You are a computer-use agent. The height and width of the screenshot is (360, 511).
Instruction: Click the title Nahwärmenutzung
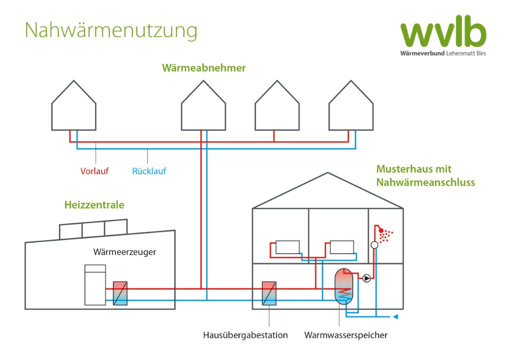pyautogui.click(x=111, y=30)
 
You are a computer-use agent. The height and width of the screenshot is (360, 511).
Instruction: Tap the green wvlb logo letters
pyautogui.click(x=443, y=33)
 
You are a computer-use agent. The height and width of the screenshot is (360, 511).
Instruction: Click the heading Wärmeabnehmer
pyautogui.click(x=204, y=68)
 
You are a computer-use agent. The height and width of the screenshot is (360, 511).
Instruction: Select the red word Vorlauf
pyautogui.click(x=94, y=171)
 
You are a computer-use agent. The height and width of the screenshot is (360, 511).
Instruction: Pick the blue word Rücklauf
pyautogui.click(x=149, y=171)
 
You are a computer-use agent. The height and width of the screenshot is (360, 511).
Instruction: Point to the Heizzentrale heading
pyautogui.click(x=94, y=205)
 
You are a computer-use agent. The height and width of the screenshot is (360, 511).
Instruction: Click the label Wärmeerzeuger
pyautogui.click(x=125, y=252)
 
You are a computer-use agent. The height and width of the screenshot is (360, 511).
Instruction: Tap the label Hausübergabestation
pyautogui.click(x=246, y=335)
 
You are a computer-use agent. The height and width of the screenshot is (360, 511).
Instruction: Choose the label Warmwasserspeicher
pyautogui.click(x=346, y=335)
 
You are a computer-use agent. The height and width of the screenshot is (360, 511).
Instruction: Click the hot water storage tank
pyautogui.click(x=343, y=286)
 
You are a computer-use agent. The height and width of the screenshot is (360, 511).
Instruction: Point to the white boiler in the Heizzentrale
pyautogui.click(x=95, y=285)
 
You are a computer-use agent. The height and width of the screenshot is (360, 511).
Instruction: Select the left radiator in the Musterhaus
pyautogui.click(x=287, y=247)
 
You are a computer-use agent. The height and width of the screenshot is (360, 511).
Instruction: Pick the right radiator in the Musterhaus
pyautogui.click(x=341, y=247)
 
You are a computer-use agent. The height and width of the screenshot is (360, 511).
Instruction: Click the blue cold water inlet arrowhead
pyautogui.click(x=396, y=317)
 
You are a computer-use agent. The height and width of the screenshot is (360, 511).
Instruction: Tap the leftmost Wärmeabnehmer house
pyautogui.click(x=74, y=107)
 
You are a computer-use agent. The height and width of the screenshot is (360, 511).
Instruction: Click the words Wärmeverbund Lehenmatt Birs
pyautogui.click(x=443, y=53)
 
